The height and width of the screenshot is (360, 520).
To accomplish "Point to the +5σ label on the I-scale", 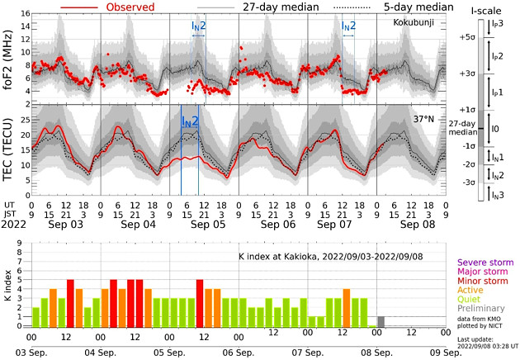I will point(469,38).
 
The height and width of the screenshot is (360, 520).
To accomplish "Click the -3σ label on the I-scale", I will point(469,182).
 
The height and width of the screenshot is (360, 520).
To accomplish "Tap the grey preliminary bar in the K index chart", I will point(381,321).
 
